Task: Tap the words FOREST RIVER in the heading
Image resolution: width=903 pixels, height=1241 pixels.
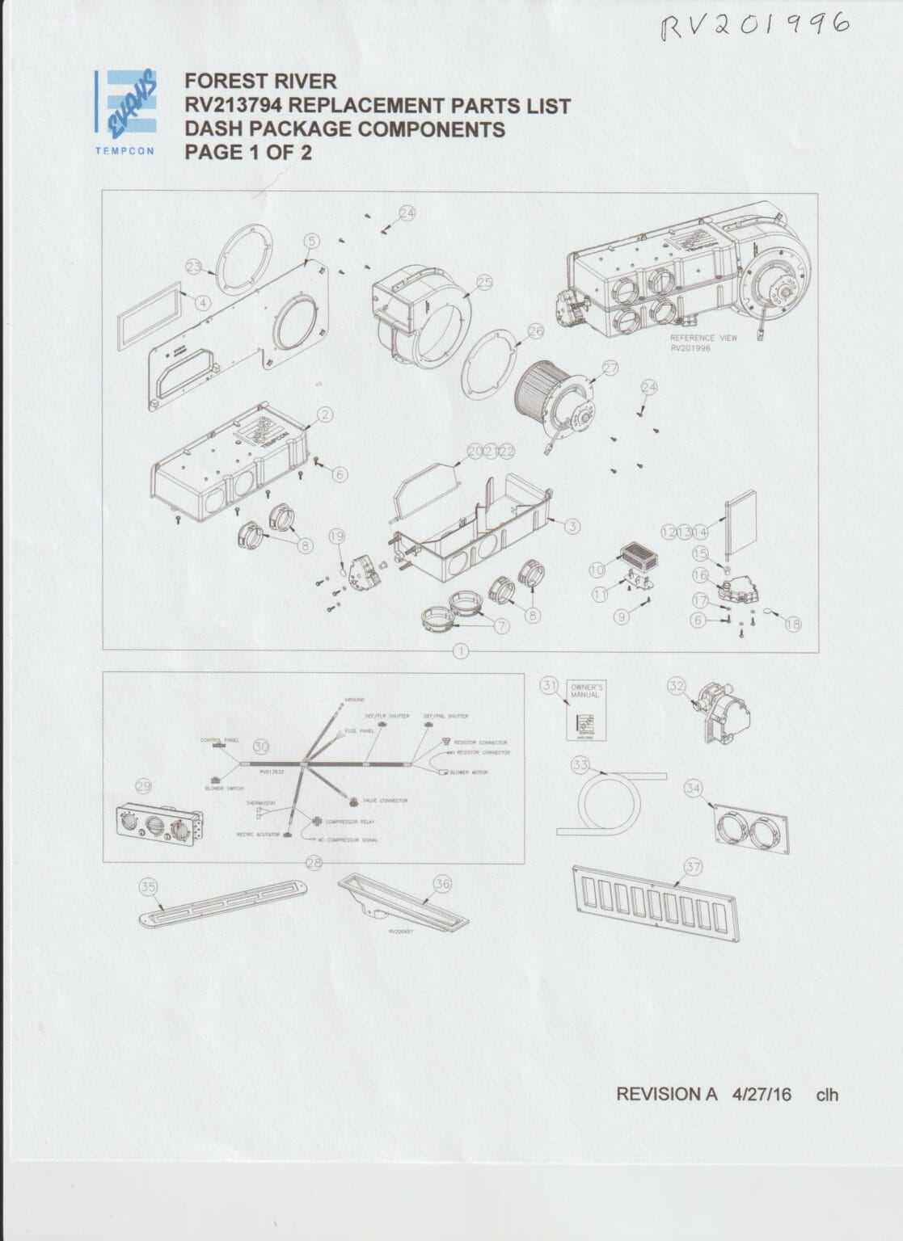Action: coord(260,82)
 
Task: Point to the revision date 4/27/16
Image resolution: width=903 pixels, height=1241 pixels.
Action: coord(761,1094)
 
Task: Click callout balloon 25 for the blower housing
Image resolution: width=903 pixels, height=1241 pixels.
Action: coord(484,282)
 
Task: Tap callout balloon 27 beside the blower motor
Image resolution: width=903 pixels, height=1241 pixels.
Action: coord(610,368)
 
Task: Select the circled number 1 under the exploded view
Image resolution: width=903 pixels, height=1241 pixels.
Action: coord(462,650)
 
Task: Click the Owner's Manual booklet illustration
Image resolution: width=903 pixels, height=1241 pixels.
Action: coord(585,710)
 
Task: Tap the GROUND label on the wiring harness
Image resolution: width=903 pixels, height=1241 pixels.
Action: coord(354,699)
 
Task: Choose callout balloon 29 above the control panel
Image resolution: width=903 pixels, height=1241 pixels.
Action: coord(145,785)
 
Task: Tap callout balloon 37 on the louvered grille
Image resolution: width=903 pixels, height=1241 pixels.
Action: coord(694,867)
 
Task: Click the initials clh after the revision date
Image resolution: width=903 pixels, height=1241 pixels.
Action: coord(827,1095)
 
